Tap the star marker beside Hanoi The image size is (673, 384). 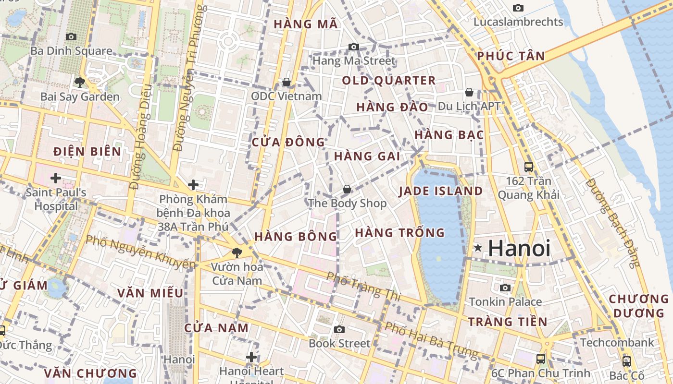click(478, 248)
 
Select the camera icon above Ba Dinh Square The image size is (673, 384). click(71, 36)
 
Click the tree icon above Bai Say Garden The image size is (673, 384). click(80, 82)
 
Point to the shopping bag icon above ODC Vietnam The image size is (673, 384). click(287, 82)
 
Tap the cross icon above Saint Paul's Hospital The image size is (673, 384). click(56, 179)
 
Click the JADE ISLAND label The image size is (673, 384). click(441, 191)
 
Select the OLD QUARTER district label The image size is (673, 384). click(388, 81)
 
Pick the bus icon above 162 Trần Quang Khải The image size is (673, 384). click(529, 167)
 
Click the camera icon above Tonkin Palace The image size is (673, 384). click(505, 288)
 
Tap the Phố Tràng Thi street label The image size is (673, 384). click(363, 286)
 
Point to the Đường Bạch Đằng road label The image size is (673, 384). click(614, 223)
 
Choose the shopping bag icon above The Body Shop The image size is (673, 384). click(347, 189)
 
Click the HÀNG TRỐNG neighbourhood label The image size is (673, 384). click(399, 233)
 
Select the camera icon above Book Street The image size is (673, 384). click(339, 329)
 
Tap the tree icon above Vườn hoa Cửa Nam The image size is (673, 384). click(237, 252)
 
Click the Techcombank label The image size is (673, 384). click(617, 343)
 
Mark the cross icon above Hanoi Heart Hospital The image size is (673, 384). click(251, 357)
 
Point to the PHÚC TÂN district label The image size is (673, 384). click(511, 57)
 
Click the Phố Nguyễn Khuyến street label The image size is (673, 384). click(140, 252)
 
